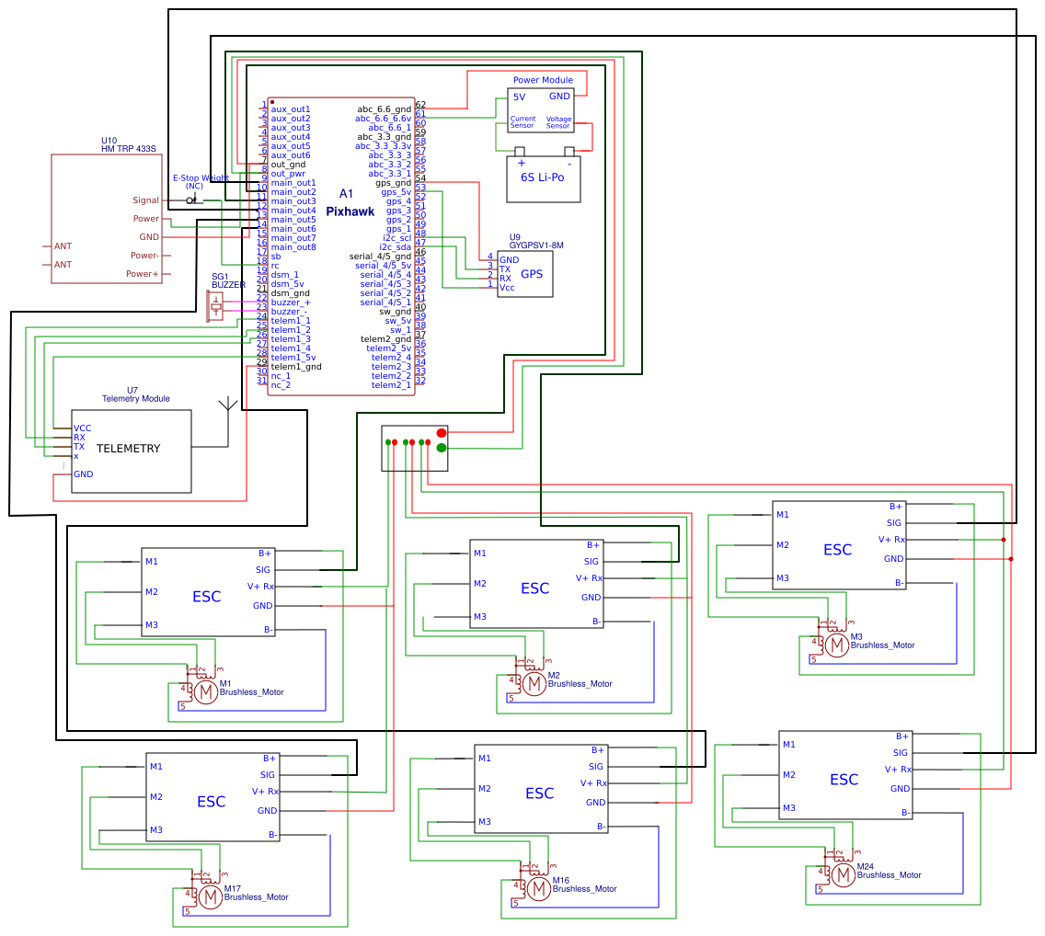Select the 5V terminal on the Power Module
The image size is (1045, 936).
pos(520,97)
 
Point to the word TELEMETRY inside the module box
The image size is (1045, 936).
pos(128,449)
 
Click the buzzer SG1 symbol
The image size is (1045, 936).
pos(217,305)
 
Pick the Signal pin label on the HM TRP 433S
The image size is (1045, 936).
pos(145,200)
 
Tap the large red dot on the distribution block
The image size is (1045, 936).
pos(442,432)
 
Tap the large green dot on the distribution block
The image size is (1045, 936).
pos(442,448)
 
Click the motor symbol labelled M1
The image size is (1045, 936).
pos(207,692)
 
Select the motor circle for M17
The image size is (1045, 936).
pos(211,896)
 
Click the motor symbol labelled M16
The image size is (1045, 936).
pos(539,889)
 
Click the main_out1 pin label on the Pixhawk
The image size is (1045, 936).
pos(293,183)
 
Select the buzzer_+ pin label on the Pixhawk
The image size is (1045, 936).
pos(291,302)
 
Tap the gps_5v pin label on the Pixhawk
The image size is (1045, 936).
pos(396,192)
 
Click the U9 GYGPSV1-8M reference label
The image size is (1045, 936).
pos(535,242)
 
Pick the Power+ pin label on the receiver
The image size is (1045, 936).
pos(143,274)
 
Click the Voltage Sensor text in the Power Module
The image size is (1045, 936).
pos(558,122)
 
